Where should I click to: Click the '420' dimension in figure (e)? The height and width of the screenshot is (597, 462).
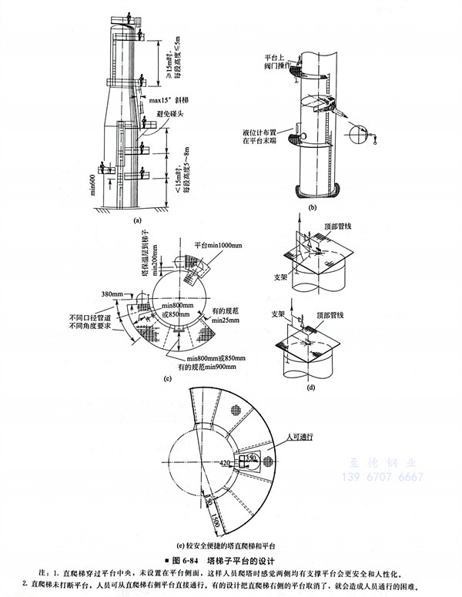pos(226,463)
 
